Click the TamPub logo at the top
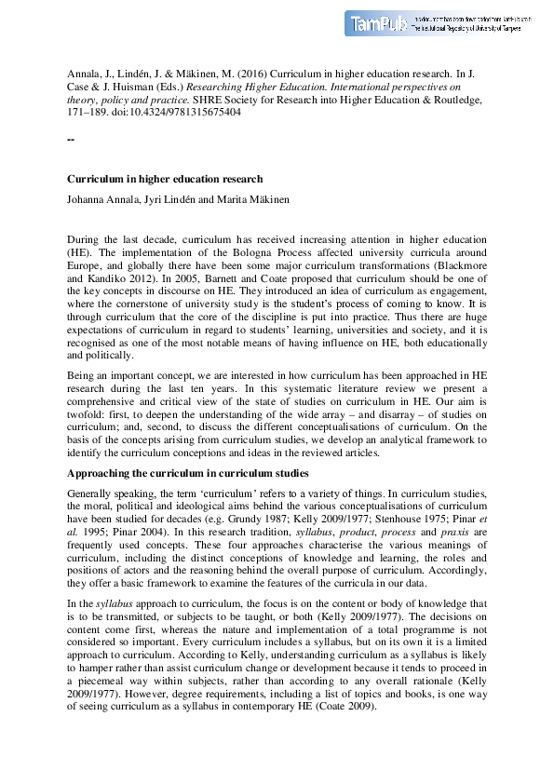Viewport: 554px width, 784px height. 377,24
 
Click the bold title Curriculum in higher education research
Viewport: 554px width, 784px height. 165,179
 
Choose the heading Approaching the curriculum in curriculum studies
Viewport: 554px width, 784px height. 188,473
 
